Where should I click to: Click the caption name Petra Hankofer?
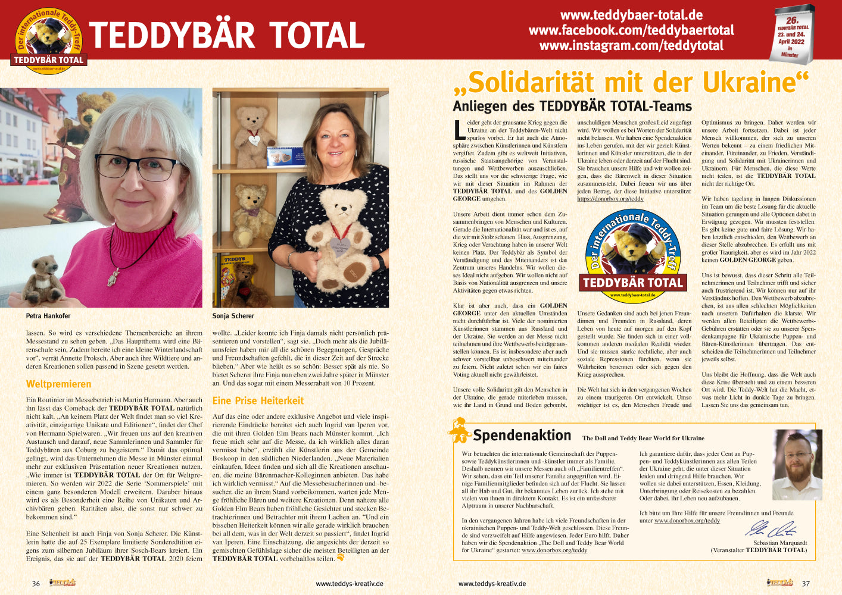click(x=48, y=316)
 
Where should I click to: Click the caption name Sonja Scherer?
click(x=233, y=316)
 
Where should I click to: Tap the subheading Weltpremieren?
click(x=58, y=384)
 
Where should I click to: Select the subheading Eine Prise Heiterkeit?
click(x=258, y=400)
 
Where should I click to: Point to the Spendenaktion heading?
click(x=522, y=436)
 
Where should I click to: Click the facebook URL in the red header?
click(x=631, y=30)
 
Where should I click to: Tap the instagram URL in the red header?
click(x=631, y=46)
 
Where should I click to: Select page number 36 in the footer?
click(x=36, y=584)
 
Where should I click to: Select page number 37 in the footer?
click(x=806, y=584)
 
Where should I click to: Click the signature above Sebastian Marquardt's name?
click(x=771, y=529)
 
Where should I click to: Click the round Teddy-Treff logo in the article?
click(x=632, y=253)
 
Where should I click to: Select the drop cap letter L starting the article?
click(x=459, y=129)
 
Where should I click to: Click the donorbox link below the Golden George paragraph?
click(x=610, y=199)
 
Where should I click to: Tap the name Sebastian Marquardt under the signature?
click(x=779, y=543)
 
